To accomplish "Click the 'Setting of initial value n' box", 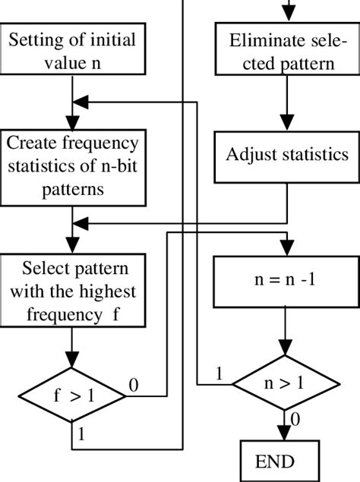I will [x=72, y=51].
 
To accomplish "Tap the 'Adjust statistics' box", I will [x=287, y=155].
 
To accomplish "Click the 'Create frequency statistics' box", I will [x=72, y=166].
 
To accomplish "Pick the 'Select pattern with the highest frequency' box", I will [x=72, y=292].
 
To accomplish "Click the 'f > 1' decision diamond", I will [x=72, y=395].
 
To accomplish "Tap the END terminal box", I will [x=276, y=460].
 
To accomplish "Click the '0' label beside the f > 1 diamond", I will [x=134, y=386].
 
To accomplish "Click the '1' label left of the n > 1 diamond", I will [x=219, y=373].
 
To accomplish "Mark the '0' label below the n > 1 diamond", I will [x=295, y=419].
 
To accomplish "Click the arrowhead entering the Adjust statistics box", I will [x=287, y=124].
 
